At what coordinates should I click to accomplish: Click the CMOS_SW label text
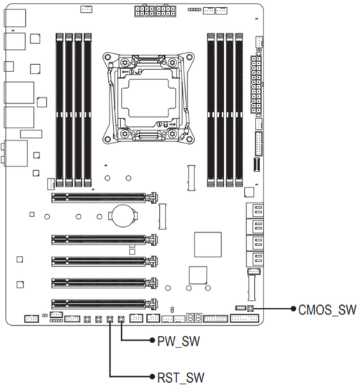[x=327, y=310]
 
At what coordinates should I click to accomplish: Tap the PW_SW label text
[x=179, y=341]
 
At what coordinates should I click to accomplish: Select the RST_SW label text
[x=181, y=378]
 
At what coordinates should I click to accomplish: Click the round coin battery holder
[x=122, y=216]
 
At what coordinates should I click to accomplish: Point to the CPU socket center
[x=148, y=98]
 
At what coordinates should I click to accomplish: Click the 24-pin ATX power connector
[x=256, y=84]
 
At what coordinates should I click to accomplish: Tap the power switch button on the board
[x=121, y=319]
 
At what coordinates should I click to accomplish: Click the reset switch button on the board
[x=110, y=319]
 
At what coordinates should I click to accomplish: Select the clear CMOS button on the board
[x=251, y=309]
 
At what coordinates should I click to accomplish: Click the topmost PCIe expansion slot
[x=104, y=198]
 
